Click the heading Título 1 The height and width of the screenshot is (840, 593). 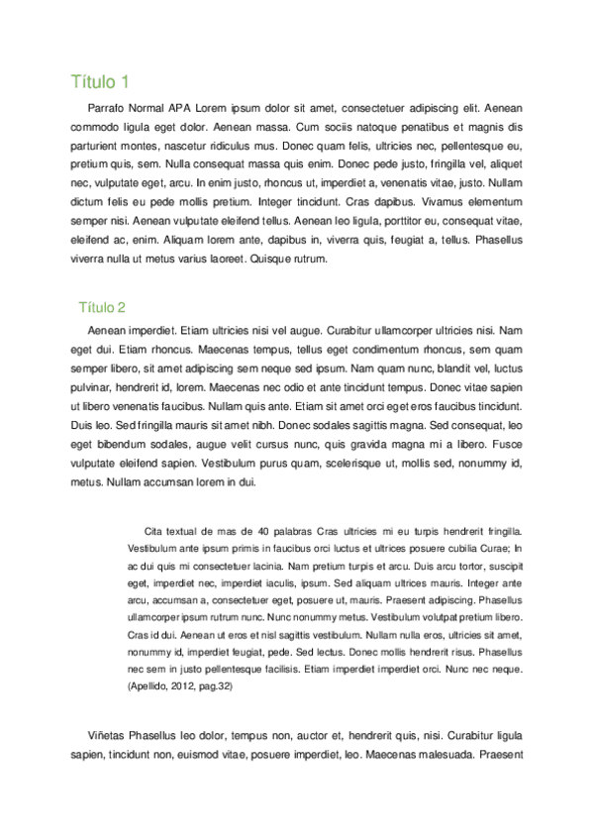point(100,80)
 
